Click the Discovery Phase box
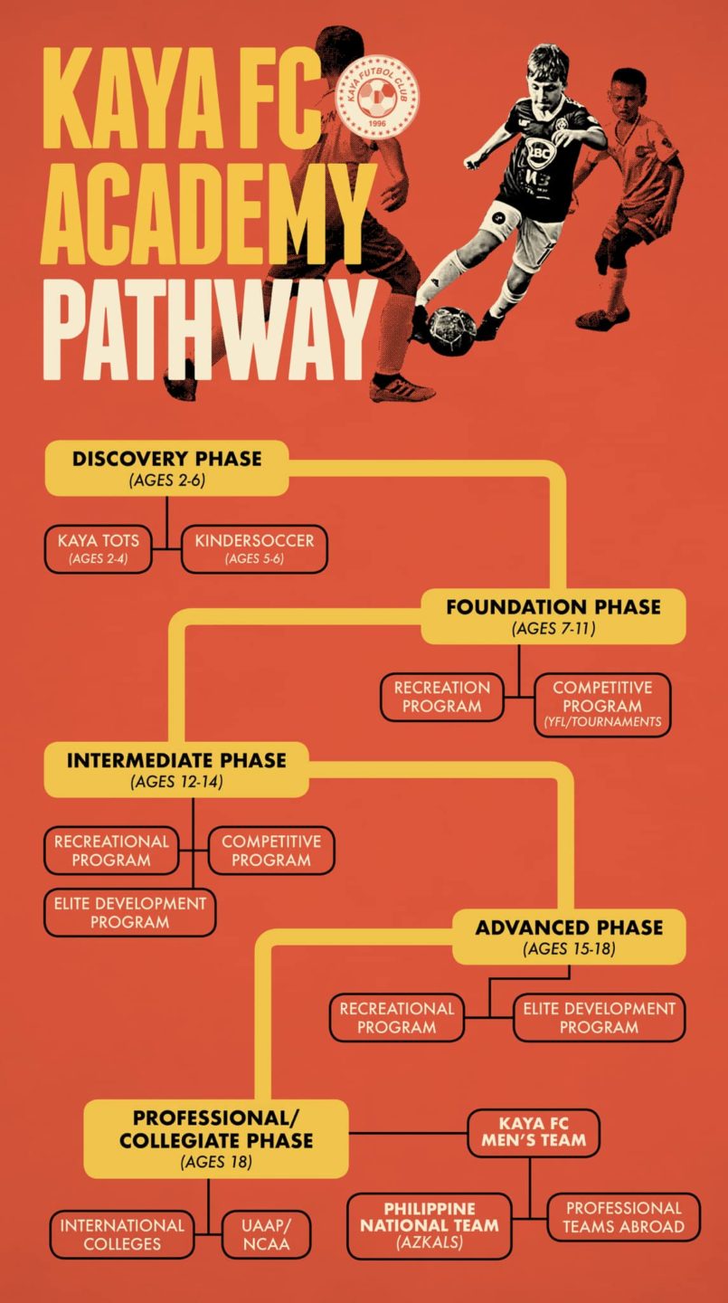pos(166,467)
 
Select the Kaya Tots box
pos(98,548)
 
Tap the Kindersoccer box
pos(254,548)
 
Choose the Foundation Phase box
pos(553,615)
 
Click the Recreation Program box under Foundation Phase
pos(441,697)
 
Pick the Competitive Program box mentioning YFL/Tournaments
pos(602,704)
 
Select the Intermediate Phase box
pos(176,769)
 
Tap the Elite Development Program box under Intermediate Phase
pos(129,912)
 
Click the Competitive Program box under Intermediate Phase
pos(270,851)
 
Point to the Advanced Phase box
pos(569,937)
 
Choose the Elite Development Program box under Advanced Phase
pos(599,1017)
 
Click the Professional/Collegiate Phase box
pos(216,1138)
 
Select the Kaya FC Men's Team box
pos(534,1132)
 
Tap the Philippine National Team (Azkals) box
pos(429,1225)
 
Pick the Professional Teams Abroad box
pos(623,1217)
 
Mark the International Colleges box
pos(122,1234)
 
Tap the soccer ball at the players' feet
pos(450,330)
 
